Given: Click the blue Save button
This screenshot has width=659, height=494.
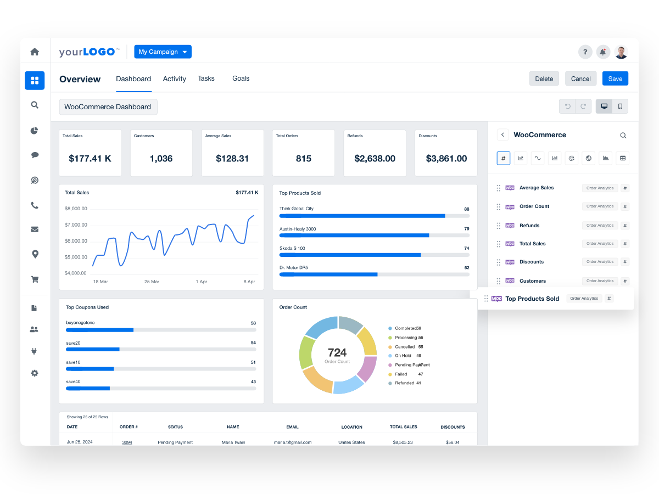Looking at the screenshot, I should click(615, 78).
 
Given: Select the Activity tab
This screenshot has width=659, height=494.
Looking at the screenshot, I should click(174, 79).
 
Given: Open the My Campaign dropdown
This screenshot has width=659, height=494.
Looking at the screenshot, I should click(163, 52).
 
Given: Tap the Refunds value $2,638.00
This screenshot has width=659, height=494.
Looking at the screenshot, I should click(375, 159).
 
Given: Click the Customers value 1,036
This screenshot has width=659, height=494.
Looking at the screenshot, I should click(161, 159).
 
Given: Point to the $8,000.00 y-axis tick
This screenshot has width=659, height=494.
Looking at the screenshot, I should click(76, 209).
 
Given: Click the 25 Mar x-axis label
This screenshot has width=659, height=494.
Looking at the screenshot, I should click(152, 282).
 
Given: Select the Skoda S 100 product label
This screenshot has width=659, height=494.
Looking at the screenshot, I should click(292, 248).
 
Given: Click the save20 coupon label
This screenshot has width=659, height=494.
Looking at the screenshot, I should click(73, 343).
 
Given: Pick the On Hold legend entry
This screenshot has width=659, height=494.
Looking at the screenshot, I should click(403, 356).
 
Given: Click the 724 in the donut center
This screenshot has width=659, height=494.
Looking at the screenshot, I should click(337, 352).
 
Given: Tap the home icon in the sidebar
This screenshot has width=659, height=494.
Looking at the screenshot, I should click(35, 52).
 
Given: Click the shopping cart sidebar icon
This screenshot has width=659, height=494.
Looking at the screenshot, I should click(35, 279).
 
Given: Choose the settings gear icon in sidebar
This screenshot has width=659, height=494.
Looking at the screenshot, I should click(35, 373).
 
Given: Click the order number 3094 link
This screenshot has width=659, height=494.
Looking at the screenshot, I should click(127, 442).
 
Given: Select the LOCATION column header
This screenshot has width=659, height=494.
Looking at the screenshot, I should click(351, 427).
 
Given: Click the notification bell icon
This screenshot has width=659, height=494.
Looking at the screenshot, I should click(603, 52).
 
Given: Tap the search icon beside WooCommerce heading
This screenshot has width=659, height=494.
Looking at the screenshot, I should click(623, 135).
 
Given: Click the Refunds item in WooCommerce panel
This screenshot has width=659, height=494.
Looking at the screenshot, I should click(529, 226).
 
